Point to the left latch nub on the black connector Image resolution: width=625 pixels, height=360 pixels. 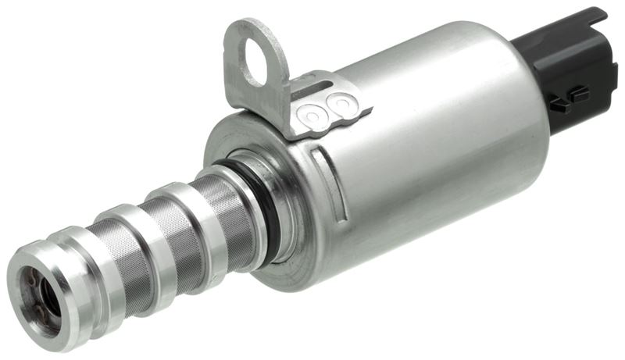[557, 105]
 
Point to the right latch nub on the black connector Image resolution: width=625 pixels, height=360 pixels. [578, 94]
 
